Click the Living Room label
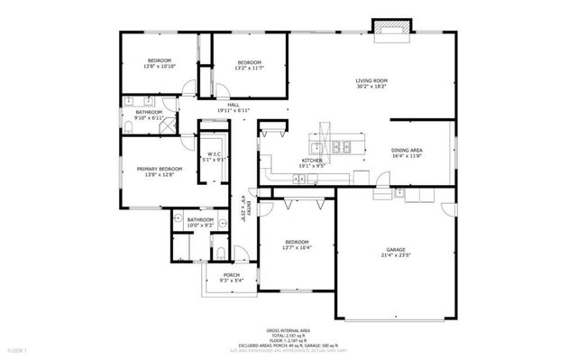[x=371, y=81]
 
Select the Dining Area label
[x=408, y=150]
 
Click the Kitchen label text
[x=312, y=160]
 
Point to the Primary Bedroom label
[x=159, y=169]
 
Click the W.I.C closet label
[x=214, y=154]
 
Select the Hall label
[x=233, y=105]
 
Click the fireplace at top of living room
[x=391, y=29]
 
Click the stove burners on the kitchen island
[x=342, y=146]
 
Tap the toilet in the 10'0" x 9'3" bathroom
[x=221, y=252]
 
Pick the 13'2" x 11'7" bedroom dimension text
[x=249, y=68]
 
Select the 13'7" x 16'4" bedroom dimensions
[x=298, y=248]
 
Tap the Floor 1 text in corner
[x=18, y=348]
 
